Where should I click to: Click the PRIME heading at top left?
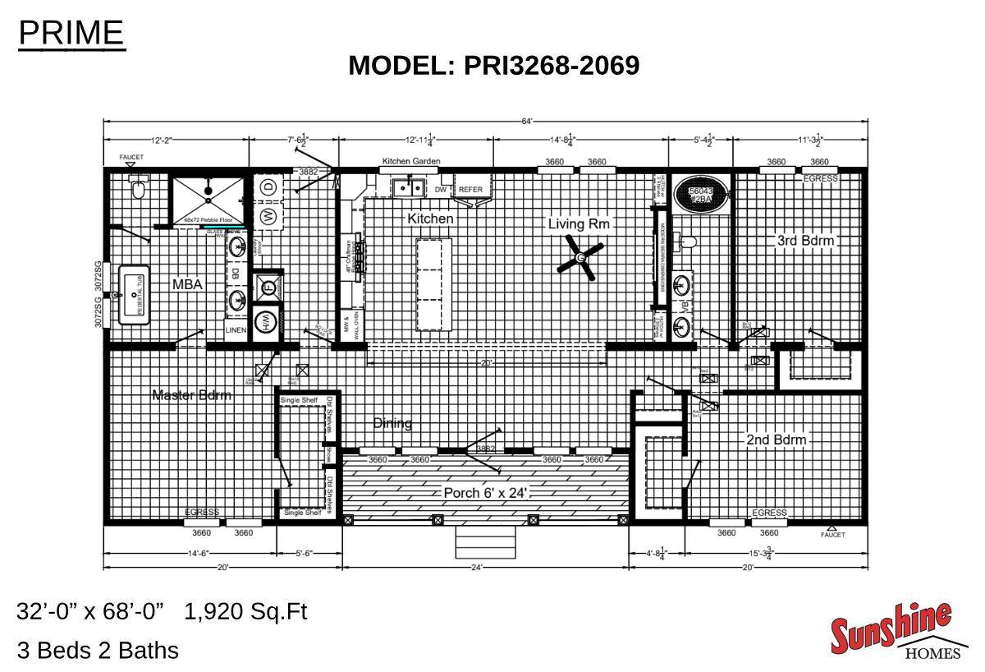point(71,33)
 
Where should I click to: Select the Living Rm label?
point(580,223)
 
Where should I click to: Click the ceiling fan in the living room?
point(580,259)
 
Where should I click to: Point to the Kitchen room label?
point(430,219)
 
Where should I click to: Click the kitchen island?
point(434,283)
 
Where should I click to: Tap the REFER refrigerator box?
point(470,190)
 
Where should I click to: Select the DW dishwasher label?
point(441,190)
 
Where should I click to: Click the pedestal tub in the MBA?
point(134,294)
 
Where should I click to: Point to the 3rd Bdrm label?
point(805,241)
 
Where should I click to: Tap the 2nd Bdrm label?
point(776,440)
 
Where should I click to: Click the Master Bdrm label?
point(192,395)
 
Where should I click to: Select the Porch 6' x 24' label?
point(484,493)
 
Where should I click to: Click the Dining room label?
point(392,423)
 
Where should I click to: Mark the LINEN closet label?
point(236,330)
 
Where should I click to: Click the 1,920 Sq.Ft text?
point(246,612)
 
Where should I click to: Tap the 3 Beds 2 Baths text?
point(98,651)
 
